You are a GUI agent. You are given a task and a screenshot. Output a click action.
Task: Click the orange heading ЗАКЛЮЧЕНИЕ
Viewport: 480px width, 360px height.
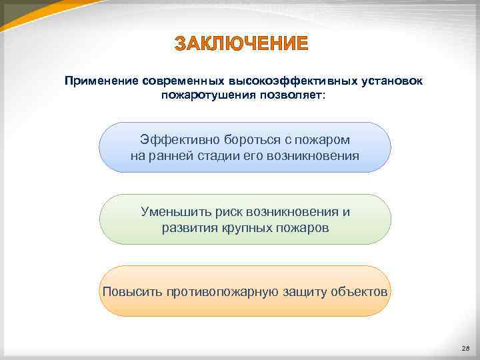[241, 45]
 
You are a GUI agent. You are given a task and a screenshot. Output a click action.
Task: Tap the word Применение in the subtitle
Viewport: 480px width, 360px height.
[100, 81]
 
